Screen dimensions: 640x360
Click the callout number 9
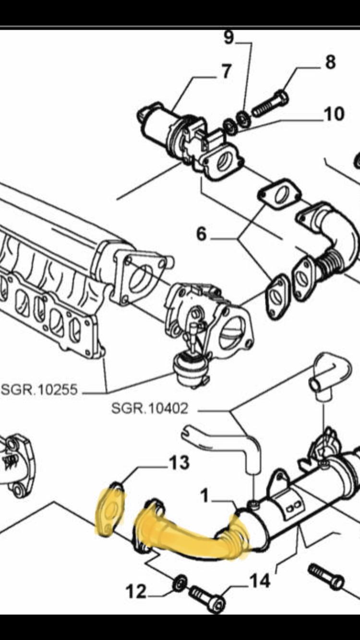[228, 37]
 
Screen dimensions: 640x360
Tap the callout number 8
[330, 62]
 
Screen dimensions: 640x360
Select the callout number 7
[226, 71]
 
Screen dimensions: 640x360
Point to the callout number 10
[334, 114]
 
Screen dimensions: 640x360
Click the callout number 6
[201, 234]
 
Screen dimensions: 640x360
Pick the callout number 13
[179, 462]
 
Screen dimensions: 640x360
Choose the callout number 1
[205, 495]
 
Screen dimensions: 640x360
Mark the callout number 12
[136, 592]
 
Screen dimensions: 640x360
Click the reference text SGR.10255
[39, 389]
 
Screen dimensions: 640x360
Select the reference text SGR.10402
[150, 409]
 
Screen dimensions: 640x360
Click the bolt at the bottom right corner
[326, 577]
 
